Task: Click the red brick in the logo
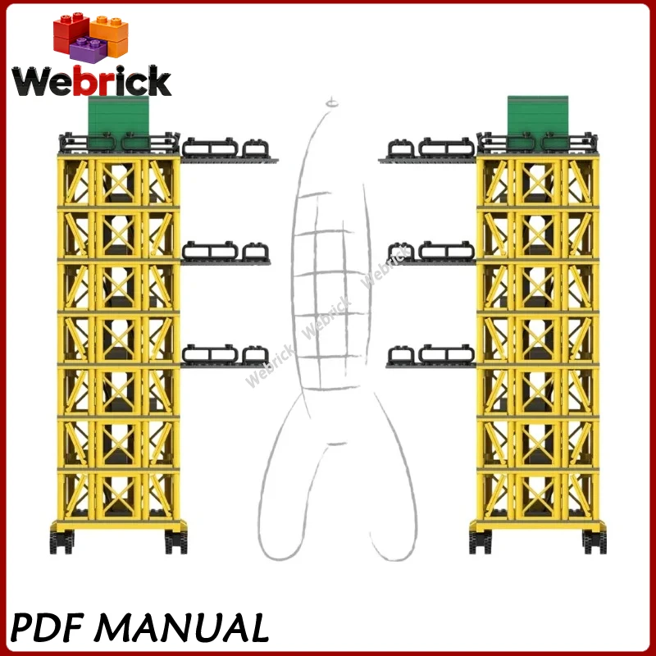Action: click(70, 33)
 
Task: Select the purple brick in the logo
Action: click(89, 49)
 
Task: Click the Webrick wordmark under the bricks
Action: click(92, 80)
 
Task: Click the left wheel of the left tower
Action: click(61, 542)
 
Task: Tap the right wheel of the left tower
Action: click(175, 542)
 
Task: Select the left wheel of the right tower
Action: click(481, 542)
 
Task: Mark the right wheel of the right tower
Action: click(594, 542)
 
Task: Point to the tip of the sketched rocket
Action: click(332, 98)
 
